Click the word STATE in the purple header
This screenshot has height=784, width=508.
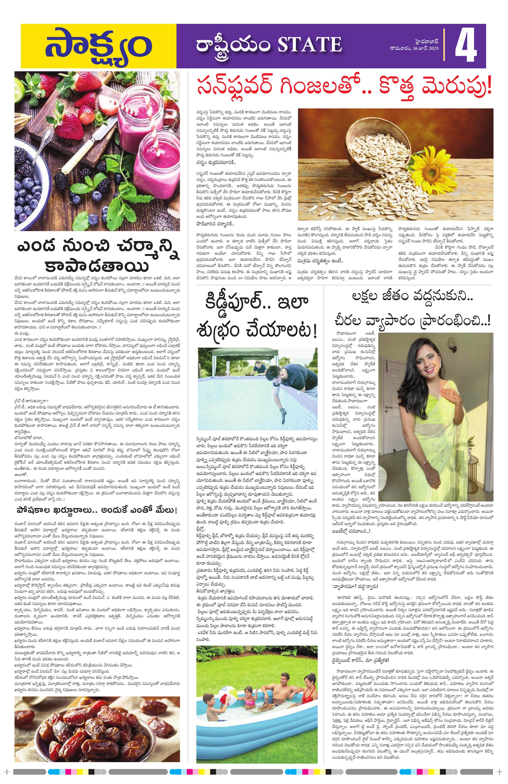[309, 44]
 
